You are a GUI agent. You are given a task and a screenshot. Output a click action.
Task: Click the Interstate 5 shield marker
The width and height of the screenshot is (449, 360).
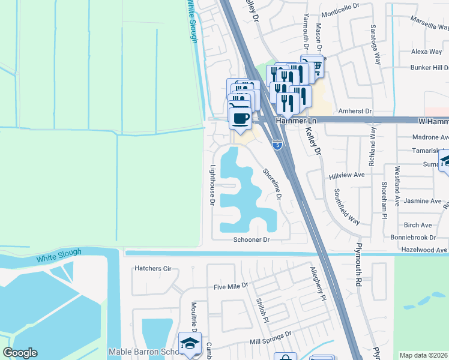tap(277, 145)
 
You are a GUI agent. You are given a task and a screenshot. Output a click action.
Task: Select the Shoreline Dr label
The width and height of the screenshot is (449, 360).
tap(271, 184)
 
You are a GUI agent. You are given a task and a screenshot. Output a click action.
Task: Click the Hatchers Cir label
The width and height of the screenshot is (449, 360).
tap(153, 268)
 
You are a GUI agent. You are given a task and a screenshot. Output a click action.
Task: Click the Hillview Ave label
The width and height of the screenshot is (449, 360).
tap(347, 175)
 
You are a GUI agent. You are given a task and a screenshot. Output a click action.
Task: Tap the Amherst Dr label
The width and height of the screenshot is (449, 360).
tap(355, 112)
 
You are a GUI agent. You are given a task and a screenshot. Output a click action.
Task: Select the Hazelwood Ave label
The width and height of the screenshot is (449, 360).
tap(426, 250)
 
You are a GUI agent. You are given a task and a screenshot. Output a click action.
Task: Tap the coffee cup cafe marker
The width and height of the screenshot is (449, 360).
tap(240, 118)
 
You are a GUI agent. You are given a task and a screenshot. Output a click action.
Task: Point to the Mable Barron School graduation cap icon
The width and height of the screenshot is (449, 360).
tap(190, 344)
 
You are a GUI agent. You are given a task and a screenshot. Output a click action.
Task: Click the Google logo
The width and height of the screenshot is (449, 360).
tap(20, 353)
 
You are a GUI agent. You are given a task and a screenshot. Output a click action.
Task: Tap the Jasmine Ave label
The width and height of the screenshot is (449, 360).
tap(423, 201)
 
